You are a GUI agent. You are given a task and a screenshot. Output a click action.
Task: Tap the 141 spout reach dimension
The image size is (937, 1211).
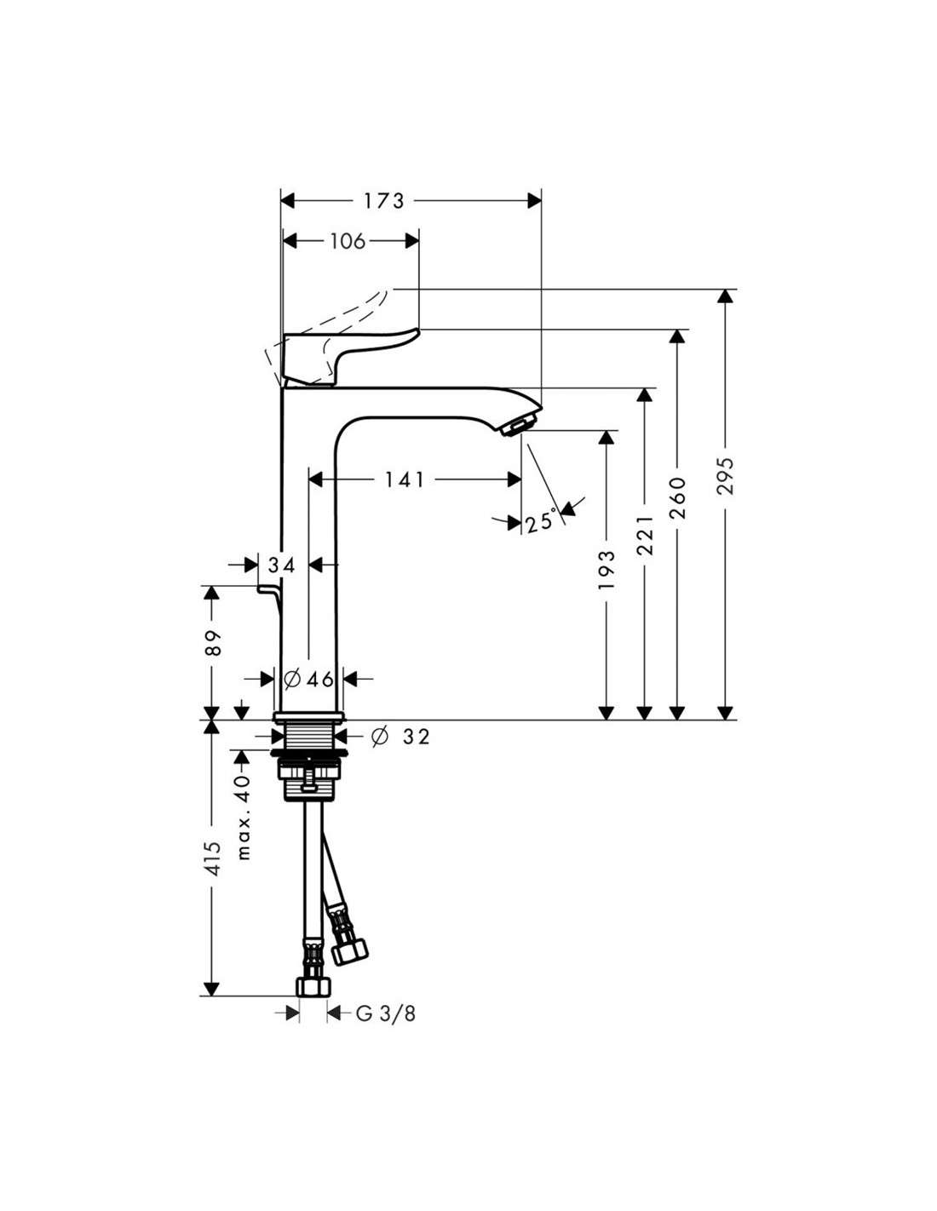(x=404, y=480)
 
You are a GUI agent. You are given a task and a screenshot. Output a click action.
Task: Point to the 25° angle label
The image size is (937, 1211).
(x=541, y=521)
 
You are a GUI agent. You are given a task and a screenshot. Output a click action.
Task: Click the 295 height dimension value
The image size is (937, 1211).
(x=725, y=477)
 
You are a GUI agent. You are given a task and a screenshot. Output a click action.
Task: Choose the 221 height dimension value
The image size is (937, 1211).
(x=645, y=535)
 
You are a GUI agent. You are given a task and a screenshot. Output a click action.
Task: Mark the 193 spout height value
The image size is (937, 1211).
(x=606, y=570)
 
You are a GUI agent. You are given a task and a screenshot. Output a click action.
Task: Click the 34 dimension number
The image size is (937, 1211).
(x=282, y=565)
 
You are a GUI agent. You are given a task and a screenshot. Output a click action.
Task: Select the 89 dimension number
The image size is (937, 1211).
(x=213, y=642)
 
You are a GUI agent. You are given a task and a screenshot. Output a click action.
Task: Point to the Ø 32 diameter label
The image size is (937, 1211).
(x=401, y=737)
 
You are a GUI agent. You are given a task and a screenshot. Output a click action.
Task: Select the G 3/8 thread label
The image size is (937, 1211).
(x=386, y=1013)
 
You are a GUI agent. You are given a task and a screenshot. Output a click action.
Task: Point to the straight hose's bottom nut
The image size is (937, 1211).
(x=313, y=987)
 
